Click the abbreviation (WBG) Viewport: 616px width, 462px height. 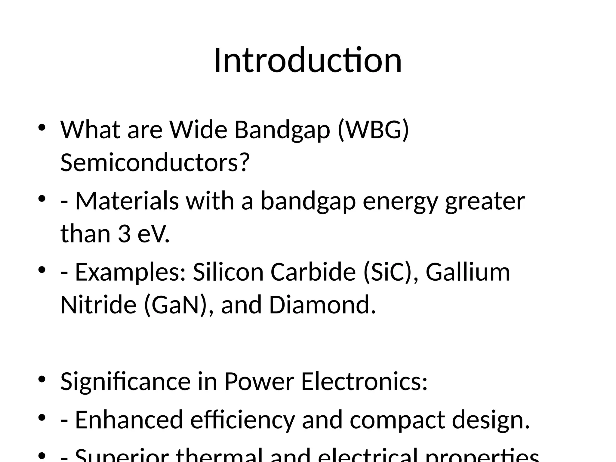(373, 130)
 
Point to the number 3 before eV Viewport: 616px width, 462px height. (124, 234)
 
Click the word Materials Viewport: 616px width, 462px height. (127, 201)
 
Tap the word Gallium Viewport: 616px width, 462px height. (468, 272)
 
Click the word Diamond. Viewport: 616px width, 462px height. (322, 305)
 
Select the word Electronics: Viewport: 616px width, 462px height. (364, 381)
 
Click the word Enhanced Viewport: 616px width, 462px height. (129, 420)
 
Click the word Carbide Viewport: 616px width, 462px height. (313, 272)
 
